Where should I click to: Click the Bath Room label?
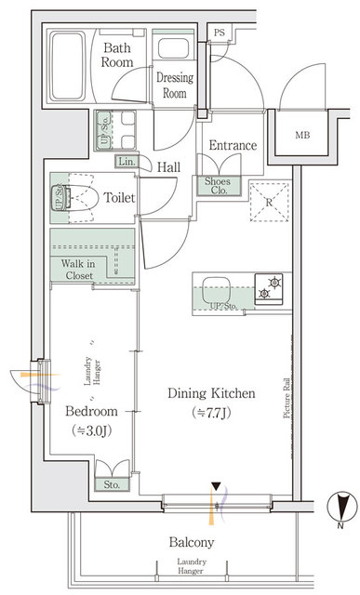pyautogui.click(x=119, y=55)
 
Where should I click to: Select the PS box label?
pyautogui.click(x=220, y=32)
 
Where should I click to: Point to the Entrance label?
pyautogui.click(x=233, y=146)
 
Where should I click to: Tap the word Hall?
pyautogui.click(x=169, y=167)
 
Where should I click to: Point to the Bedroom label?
pyautogui.click(x=91, y=411)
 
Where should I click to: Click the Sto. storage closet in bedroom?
pyautogui.click(x=113, y=484)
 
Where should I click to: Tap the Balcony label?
pyautogui.click(x=192, y=542)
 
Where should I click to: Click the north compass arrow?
pyautogui.click(x=343, y=509)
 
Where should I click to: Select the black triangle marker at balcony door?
pyautogui.click(x=216, y=485)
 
